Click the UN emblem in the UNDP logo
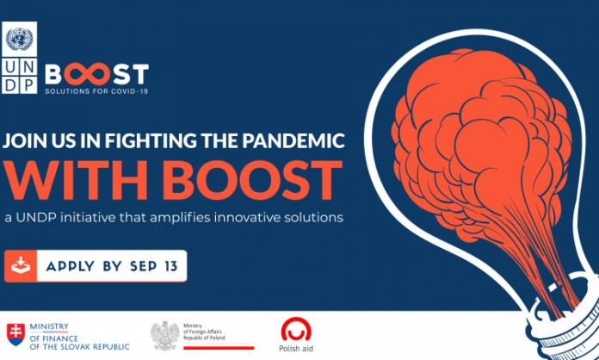pos(20,40)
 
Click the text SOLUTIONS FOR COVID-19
pos(96,91)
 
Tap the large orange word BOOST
pos(256,182)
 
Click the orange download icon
pos(21,266)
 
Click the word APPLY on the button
pos(71,266)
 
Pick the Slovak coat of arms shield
pos(15,334)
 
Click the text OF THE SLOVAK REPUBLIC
pos(79,347)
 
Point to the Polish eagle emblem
pos(164,336)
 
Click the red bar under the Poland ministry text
pos(219,348)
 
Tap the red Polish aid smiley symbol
pos(296,329)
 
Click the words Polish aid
pos(296,349)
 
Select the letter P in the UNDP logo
pos(28,85)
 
